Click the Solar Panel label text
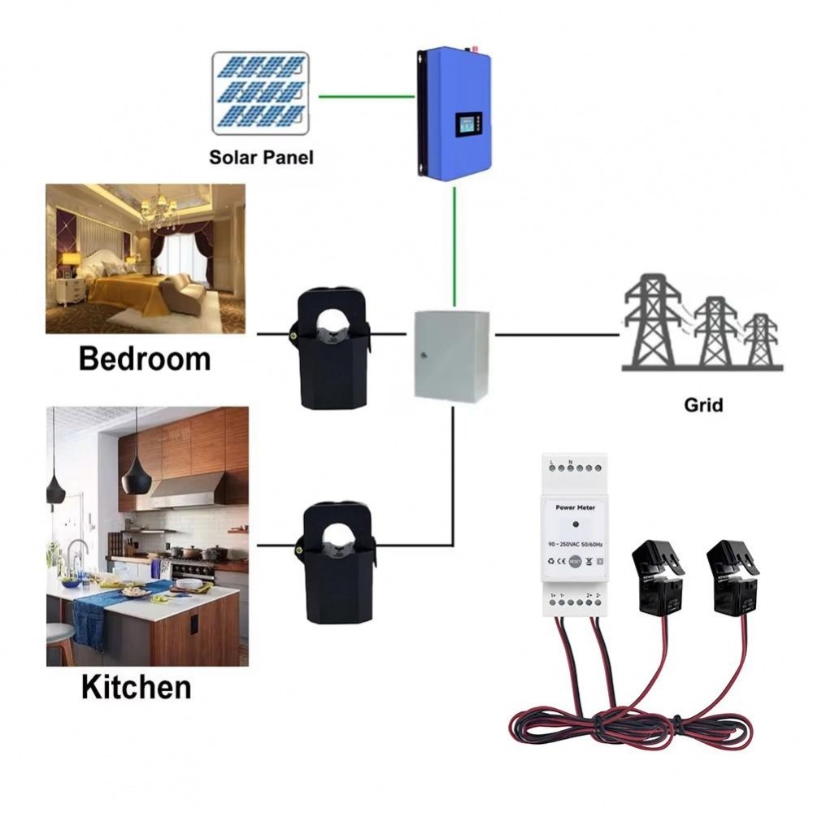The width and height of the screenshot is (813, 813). click(x=260, y=157)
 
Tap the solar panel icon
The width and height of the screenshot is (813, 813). click(x=260, y=93)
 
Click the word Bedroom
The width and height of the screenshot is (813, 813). click(x=145, y=359)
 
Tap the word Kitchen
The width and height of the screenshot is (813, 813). click(x=136, y=688)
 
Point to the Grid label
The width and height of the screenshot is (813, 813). click(x=702, y=404)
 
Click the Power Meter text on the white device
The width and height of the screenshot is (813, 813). click(x=576, y=507)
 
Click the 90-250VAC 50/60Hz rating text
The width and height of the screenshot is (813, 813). click(x=576, y=542)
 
